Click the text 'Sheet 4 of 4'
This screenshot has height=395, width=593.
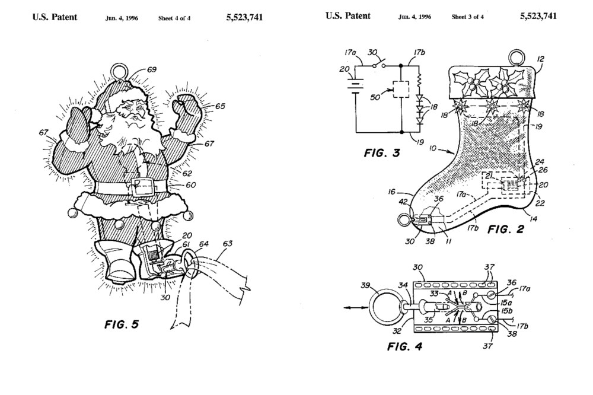click(173, 18)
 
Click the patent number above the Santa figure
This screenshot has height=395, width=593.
click(244, 17)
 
